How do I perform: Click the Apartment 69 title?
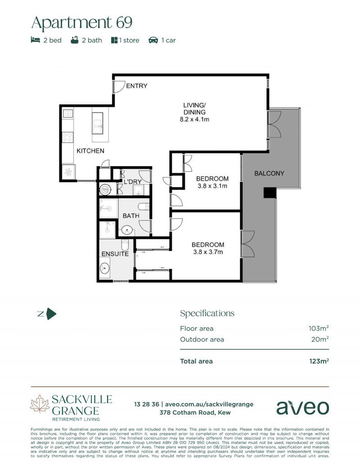(x=81, y=22)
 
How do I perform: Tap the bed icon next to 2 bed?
(x=35, y=40)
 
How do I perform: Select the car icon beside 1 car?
(x=153, y=40)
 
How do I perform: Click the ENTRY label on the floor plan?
(x=136, y=86)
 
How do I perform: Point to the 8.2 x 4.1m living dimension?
(x=194, y=120)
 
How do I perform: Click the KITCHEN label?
(x=90, y=151)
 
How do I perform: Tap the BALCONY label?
(x=269, y=173)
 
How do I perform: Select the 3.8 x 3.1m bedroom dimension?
(x=212, y=185)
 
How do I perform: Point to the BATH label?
(x=131, y=216)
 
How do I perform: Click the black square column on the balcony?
(x=270, y=192)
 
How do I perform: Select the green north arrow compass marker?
(x=51, y=314)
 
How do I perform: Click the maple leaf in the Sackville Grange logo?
(x=40, y=403)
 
